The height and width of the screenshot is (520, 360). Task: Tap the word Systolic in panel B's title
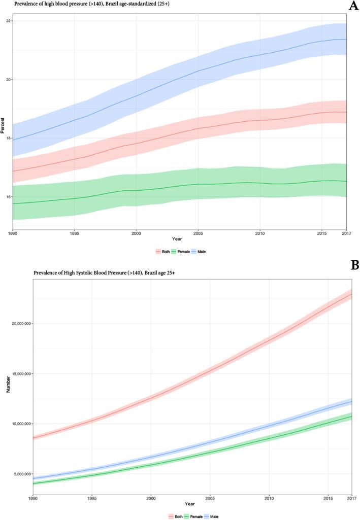83,273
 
